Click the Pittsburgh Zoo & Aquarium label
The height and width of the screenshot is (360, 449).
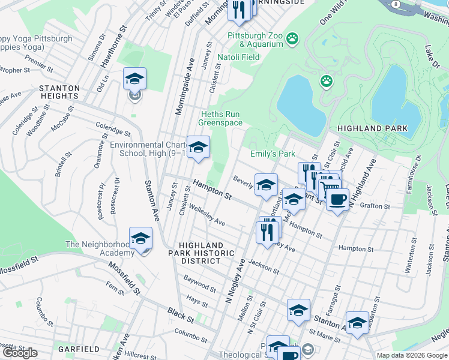click(x=255, y=40)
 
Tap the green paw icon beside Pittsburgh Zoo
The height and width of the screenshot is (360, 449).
click(x=292, y=39)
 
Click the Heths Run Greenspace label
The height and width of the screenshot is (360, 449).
click(x=221, y=118)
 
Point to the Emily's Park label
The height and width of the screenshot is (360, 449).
click(x=273, y=154)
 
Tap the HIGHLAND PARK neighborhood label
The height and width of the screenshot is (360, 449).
click(x=372, y=128)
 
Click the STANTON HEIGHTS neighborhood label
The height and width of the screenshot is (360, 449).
click(x=59, y=92)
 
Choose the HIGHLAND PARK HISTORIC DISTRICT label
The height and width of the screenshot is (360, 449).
click(x=202, y=253)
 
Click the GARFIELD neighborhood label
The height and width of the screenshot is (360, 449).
click(x=79, y=349)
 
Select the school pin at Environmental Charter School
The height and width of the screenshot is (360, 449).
click(x=197, y=147)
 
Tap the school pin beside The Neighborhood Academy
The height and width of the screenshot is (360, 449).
click(x=140, y=239)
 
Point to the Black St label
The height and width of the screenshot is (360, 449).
click(x=178, y=313)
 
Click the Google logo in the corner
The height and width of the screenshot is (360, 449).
click(x=20, y=353)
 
